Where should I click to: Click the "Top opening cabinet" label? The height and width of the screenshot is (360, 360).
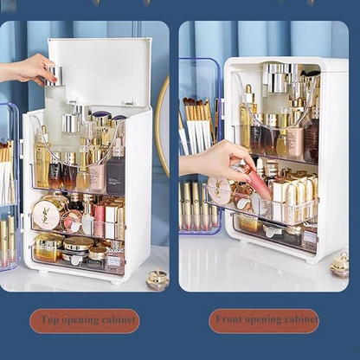tap(84, 321)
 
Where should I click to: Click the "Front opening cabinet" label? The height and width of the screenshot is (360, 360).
tap(263, 321)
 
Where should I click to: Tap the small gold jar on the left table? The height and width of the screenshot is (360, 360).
tap(157, 280)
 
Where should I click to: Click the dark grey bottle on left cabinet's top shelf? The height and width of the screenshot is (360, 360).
tap(116, 173)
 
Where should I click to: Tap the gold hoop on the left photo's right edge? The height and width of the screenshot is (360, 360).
tap(160, 125)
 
